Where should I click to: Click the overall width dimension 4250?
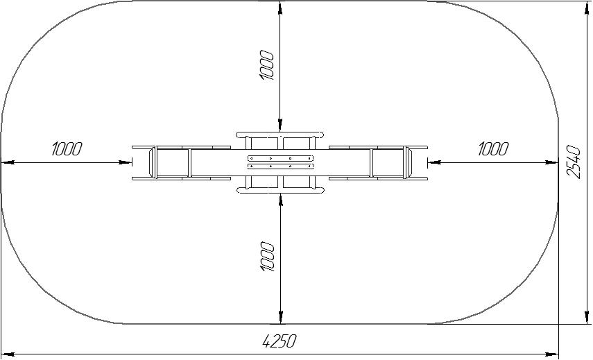[x=279, y=341]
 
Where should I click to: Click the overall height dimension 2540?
[x=574, y=162]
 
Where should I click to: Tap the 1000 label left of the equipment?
[x=67, y=149]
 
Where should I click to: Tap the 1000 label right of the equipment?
[x=493, y=149]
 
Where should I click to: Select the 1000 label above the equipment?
[x=267, y=65]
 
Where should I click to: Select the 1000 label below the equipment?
[x=267, y=257]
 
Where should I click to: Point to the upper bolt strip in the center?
[x=280, y=158]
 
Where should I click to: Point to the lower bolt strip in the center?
[x=280, y=166]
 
